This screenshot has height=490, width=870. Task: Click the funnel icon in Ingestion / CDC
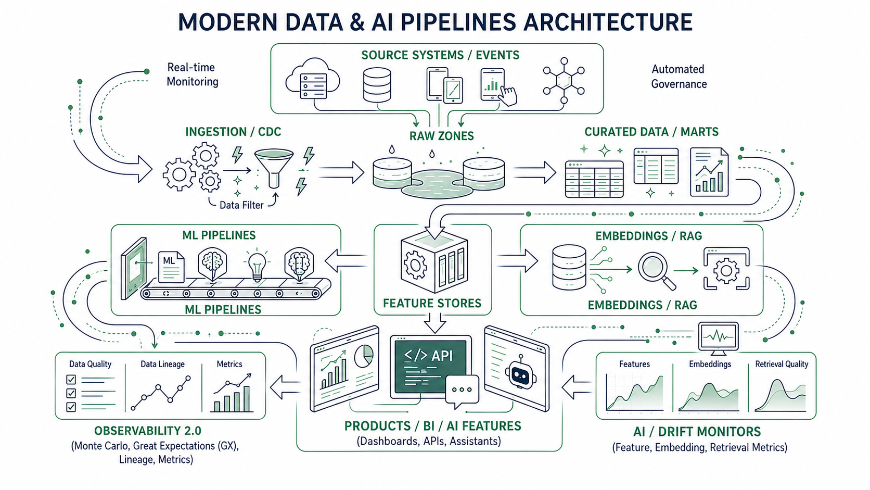273,168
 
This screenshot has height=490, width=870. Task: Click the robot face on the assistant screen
521,372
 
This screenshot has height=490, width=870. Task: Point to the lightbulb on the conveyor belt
257,265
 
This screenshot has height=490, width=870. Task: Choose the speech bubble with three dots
462,391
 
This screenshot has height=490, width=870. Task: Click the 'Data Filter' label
241,205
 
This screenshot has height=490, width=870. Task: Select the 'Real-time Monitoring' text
192,74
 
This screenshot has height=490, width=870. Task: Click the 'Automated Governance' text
679,77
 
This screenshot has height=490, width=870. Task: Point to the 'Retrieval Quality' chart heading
782,364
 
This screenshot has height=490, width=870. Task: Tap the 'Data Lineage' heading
162,364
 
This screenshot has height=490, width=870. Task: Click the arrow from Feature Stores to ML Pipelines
346,260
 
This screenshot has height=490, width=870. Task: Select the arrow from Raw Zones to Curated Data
535,172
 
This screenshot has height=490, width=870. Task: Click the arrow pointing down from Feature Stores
434,322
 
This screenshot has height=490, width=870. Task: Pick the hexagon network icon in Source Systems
564,81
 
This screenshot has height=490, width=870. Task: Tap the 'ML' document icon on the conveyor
171,267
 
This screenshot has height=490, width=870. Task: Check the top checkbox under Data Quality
71,379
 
